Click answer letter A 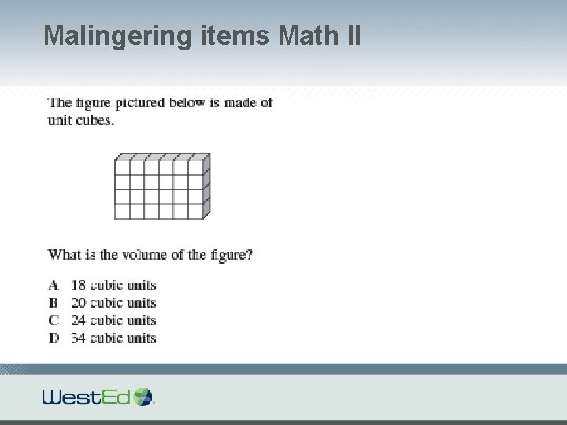(x=54, y=285)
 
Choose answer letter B (x=54, y=303)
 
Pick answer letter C (x=54, y=320)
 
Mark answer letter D (x=54, y=338)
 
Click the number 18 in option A (x=78, y=285)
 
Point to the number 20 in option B (x=78, y=303)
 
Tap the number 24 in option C (x=78, y=320)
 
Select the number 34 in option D (x=78, y=338)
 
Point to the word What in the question (x=64, y=254)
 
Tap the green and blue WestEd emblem (x=143, y=396)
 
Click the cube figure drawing (x=161, y=186)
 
